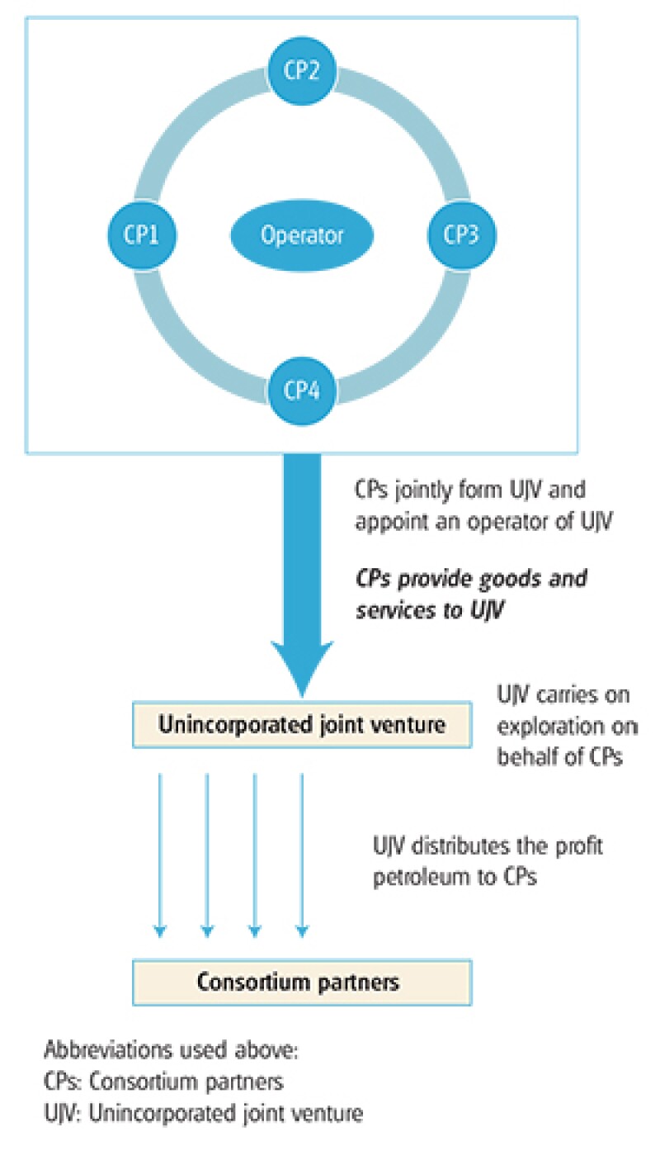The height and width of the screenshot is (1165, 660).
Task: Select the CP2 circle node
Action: [x=302, y=69]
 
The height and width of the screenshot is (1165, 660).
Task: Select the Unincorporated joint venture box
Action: [x=302, y=726]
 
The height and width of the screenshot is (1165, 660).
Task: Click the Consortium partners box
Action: [x=302, y=982]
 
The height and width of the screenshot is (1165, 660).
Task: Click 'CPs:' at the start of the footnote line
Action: [x=61, y=1085]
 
